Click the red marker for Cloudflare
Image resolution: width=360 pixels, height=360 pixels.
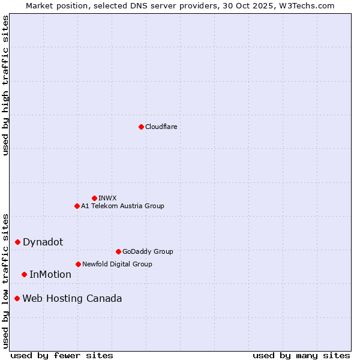141,127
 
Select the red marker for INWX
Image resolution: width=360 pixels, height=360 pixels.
94,198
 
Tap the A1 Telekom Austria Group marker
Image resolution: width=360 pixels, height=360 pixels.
77,206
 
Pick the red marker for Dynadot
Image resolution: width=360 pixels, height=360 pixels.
17,242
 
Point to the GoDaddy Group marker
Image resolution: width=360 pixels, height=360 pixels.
118,251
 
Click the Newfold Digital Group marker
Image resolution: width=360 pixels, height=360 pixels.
78,264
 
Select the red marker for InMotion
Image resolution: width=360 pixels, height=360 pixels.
24,274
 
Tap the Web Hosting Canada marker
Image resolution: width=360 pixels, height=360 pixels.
17,298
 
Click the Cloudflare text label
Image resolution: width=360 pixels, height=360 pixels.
161,127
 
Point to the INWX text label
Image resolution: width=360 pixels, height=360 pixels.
107,198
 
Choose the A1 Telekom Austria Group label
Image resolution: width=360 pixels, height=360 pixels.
122,206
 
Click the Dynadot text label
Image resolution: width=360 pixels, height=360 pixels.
43,242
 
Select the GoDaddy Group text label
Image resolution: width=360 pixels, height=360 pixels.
148,251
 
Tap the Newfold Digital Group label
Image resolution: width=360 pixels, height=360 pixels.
117,264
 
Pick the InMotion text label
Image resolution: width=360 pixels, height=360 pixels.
50,274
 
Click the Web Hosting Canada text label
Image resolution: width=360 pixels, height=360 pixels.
72,298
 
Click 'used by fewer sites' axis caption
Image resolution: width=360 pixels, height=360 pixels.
62,355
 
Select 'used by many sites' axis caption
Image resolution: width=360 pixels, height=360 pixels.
301,355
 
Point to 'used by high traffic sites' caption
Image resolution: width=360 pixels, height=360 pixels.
5,85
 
